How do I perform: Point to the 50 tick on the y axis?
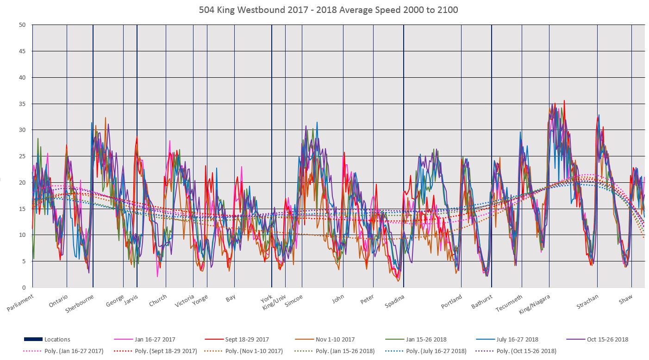click(22, 25)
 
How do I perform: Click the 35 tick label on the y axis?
click(22, 104)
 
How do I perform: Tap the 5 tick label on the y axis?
click(23, 261)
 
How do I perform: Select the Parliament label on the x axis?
click(21, 303)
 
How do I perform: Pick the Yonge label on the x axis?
click(200, 300)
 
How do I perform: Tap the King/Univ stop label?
click(275, 303)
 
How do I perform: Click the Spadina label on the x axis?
click(395, 302)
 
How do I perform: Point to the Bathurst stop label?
click(482, 302)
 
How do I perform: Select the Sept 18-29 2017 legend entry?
click(246, 340)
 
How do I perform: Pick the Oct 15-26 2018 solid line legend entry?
click(607, 340)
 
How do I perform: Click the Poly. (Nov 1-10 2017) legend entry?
click(256, 351)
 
